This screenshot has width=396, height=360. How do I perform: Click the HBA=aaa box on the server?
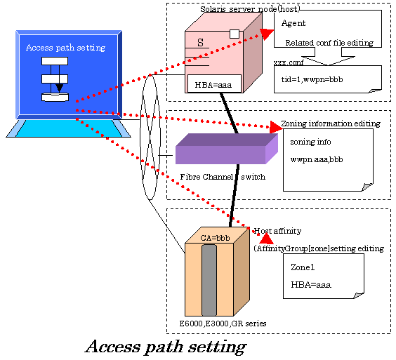(214, 84)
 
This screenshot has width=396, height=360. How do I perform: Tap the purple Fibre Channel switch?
(227, 149)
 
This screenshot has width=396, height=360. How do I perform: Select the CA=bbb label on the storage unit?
(215, 238)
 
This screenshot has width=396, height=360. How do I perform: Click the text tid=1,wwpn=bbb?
(312, 79)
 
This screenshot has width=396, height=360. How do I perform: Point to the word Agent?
(293, 23)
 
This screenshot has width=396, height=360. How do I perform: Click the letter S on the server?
(200, 42)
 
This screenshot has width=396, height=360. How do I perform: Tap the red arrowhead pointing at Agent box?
(267, 34)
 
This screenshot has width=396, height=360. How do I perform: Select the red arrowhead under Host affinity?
(266, 239)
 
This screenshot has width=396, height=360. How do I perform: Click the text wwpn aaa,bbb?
(317, 159)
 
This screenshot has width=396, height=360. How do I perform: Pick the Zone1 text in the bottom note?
(303, 267)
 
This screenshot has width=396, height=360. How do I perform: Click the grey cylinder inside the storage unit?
(209, 280)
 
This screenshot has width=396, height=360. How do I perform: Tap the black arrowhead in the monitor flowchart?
(60, 88)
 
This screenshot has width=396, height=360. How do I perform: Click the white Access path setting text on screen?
(66, 48)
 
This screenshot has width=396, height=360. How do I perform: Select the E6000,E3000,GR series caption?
(223, 324)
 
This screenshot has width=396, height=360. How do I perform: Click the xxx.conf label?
(289, 62)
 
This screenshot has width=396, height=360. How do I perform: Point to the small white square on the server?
(235, 34)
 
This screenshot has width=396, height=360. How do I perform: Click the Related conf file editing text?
(329, 43)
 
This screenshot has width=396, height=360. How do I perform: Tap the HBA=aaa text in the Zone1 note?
(311, 285)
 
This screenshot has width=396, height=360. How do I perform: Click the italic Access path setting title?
(166, 347)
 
